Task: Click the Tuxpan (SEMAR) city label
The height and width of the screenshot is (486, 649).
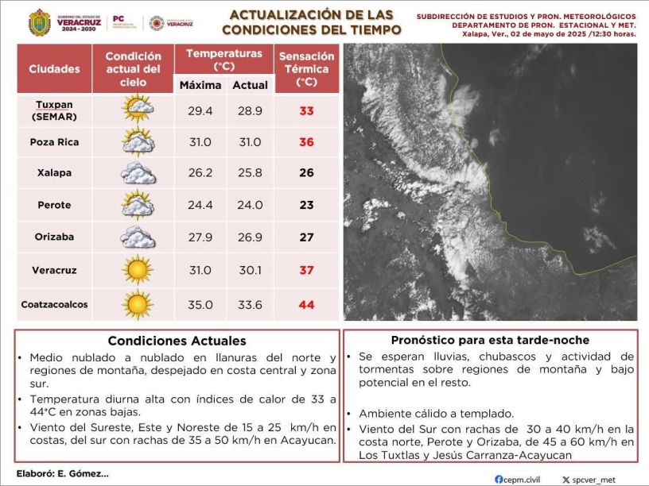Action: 55,110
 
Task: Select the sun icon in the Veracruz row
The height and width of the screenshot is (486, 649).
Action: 138,270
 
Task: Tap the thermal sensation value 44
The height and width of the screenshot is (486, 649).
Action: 306,305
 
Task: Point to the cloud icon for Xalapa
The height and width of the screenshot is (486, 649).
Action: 138,173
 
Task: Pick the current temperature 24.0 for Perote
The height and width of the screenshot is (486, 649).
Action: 251,205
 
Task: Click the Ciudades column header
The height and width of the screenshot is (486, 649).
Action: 55,69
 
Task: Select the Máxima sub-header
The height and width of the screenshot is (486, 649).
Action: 200,85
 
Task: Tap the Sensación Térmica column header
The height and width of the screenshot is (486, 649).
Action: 306,69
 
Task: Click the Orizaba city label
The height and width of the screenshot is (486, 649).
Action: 55,237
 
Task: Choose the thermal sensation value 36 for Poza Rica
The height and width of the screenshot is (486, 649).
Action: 306,142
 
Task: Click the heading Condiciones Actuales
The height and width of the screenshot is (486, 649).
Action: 177,341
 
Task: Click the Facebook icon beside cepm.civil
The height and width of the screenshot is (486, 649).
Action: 498,479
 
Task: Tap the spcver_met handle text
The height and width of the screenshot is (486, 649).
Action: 593,480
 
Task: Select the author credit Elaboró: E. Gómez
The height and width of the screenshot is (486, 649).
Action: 60,473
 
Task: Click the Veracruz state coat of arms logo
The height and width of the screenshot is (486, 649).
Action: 39,23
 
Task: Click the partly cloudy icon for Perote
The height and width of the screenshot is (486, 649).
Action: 138,205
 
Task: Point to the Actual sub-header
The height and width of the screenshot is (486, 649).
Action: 250,85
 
